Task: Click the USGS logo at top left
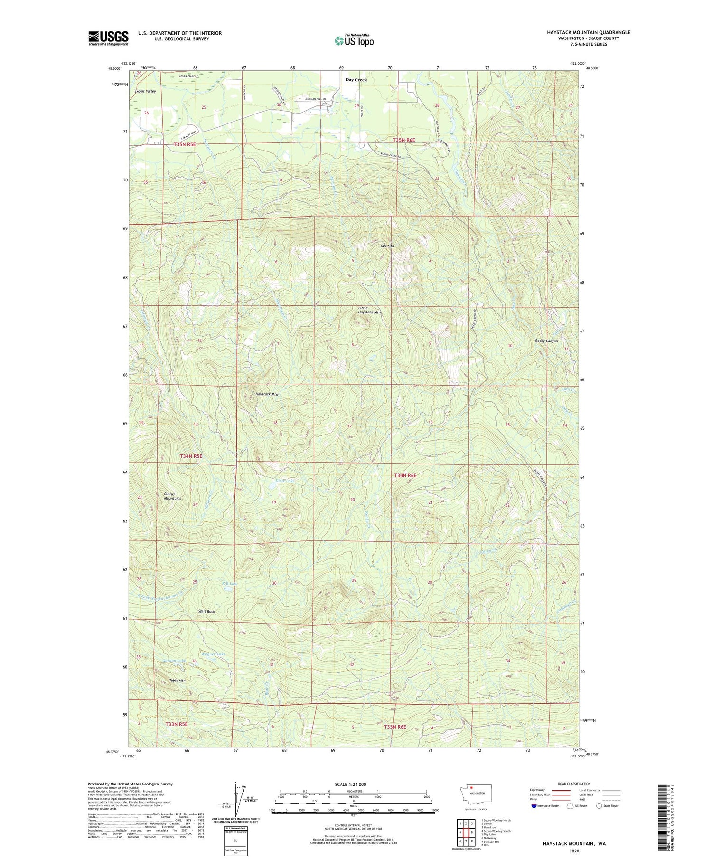(x=108, y=38)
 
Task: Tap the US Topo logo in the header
(x=354, y=41)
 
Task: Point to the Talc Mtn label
(x=387, y=246)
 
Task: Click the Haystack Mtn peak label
(x=267, y=394)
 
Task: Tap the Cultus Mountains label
(x=172, y=496)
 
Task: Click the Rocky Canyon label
(x=546, y=341)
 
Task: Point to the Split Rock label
(x=206, y=611)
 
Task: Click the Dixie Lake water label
(x=285, y=481)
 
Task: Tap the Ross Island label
(x=188, y=76)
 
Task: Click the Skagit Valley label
(x=145, y=91)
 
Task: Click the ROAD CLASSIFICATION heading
(x=574, y=784)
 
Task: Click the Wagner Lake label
(x=213, y=654)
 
